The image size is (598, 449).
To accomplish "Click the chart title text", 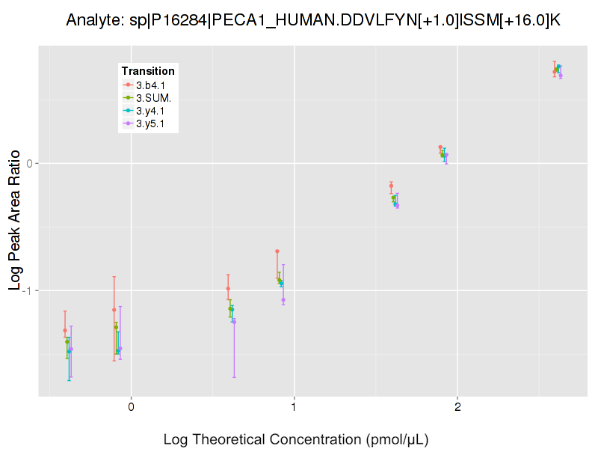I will [x=312, y=20].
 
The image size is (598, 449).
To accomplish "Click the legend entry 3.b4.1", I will [x=150, y=85].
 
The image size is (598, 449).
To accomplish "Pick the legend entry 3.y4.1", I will [x=150, y=111].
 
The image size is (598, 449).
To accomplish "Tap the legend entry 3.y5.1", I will [x=150, y=123].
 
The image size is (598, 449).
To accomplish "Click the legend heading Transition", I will [x=148, y=71].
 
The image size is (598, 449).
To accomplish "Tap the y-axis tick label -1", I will [x=26, y=290].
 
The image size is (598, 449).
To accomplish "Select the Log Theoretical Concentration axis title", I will [x=296, y=439].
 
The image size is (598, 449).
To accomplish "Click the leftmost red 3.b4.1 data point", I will [x=65, y=330].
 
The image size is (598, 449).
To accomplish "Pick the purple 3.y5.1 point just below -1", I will [x=283, y=300].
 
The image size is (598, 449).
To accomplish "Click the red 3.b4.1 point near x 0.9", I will [x=277, y=251].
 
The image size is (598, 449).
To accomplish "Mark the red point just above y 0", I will [x=440, y=147].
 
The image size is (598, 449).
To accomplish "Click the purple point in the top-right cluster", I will [x=561, y=76].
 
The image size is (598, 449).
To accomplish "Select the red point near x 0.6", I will [x=228, y=289].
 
